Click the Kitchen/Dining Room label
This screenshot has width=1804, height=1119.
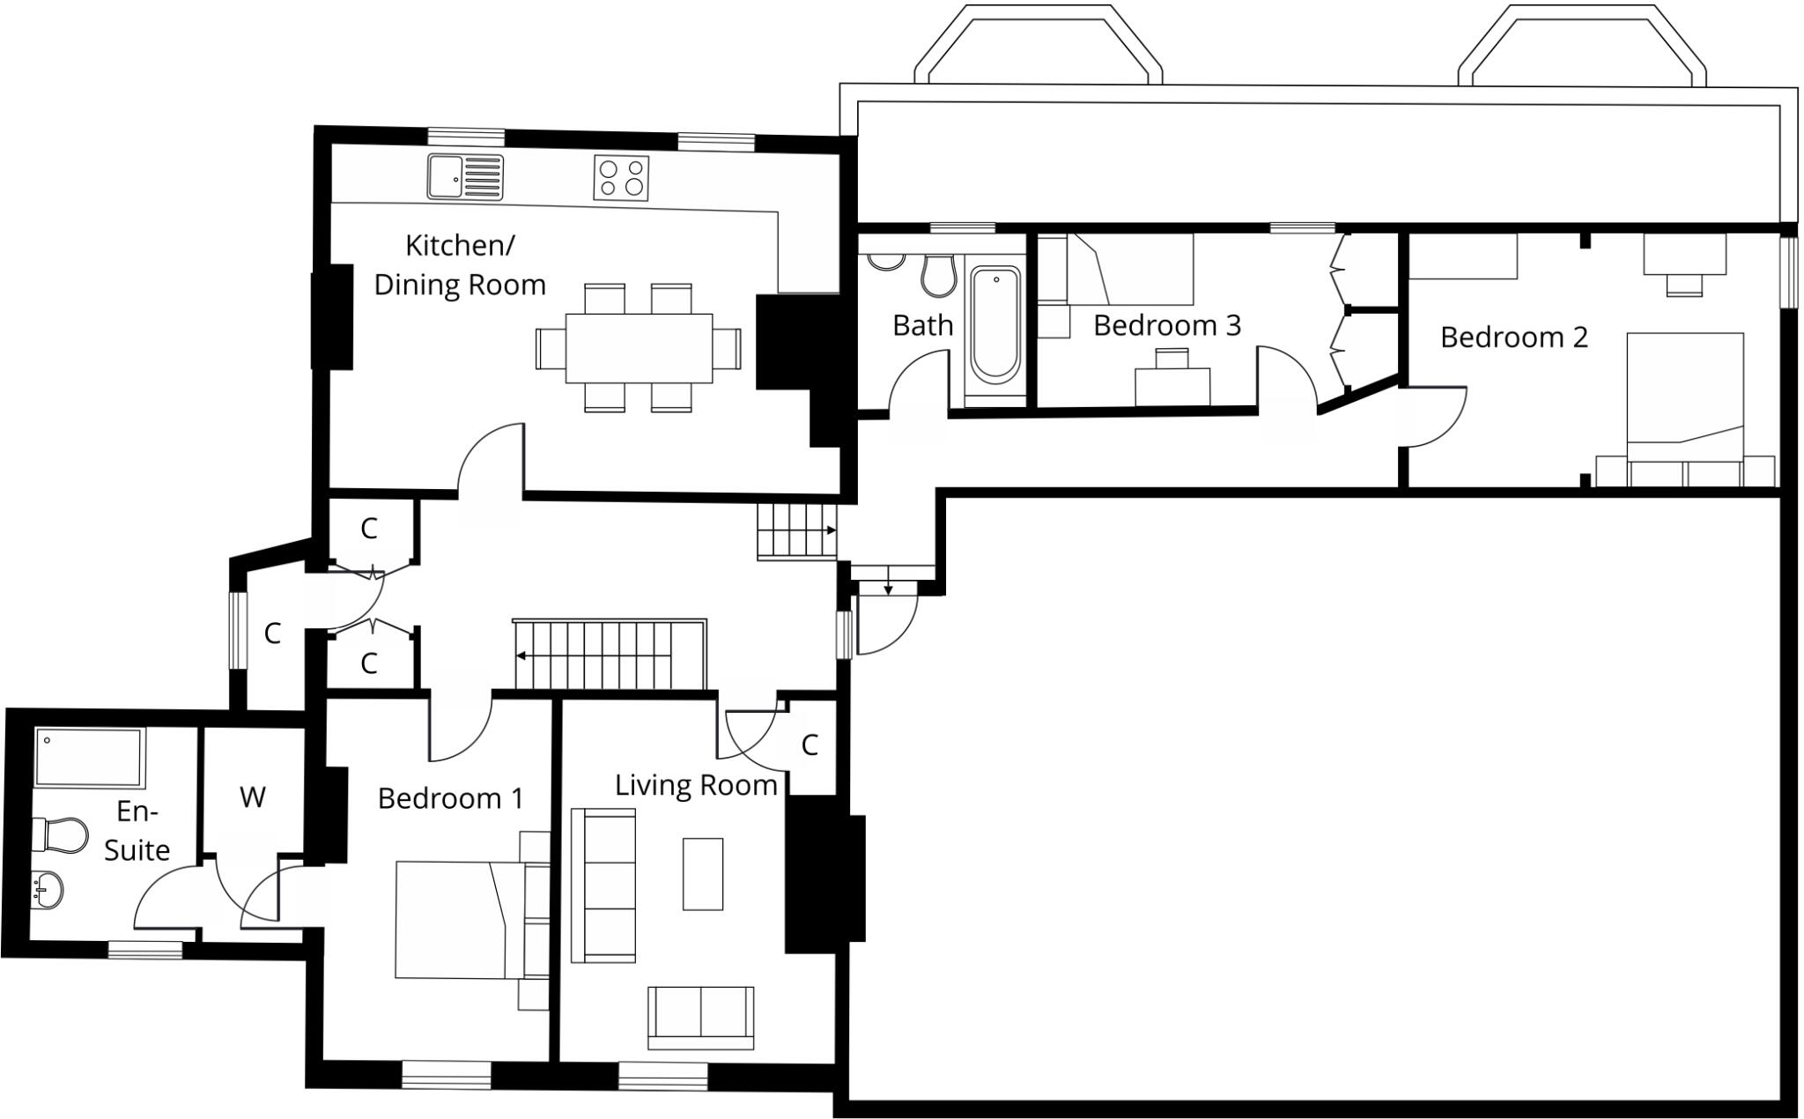point(460,265)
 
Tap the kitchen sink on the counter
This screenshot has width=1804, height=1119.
point(466,176)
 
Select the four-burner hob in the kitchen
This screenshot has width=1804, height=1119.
point(621,177)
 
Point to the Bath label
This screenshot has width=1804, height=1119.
point(922,325)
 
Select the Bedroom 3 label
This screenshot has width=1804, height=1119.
point(1167,325)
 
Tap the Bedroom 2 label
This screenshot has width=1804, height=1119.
point(1513,337)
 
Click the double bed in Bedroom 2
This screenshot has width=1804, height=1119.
point(1685,397)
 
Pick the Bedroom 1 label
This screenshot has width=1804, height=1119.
point(450,798)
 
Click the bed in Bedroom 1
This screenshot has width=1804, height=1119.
point(460,920)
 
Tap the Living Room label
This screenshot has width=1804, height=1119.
point(696,785)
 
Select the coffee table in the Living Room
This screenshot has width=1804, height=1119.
point(703,874)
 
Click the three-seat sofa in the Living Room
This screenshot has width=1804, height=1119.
point(603,885)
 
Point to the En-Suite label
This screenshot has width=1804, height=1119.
point(137,830)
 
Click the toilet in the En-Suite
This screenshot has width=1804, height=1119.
point(60,834)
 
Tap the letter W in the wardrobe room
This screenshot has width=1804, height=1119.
point(252,797)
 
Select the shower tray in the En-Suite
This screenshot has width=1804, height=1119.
point(88,758)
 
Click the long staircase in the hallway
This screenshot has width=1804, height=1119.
point(610,655)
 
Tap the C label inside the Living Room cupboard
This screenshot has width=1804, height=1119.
point(810,745)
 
